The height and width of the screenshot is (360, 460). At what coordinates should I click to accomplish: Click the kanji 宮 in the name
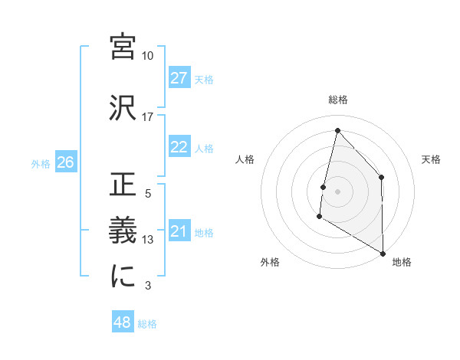coord(123,47)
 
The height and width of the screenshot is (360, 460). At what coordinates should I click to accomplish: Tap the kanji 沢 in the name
coord(123,109)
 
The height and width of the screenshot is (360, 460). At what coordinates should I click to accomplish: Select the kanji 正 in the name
coord(123,185)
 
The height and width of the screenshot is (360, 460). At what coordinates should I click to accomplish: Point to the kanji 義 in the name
coord(123,231)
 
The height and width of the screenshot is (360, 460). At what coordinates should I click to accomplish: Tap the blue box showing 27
coord(179,78)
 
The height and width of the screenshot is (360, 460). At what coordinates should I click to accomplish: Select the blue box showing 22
coord(179,147)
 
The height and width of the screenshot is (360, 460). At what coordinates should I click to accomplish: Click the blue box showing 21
coord(179,231)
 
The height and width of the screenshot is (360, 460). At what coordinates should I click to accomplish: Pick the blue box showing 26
coord(65,162)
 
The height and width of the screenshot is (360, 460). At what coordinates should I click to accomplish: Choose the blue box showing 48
coord(122,323)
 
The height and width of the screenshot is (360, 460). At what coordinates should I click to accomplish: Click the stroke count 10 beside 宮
coord(147,56)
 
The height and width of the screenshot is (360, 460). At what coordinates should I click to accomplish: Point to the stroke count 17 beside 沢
coord(147,117)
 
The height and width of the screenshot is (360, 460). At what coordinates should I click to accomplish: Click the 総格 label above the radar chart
coord(337,100)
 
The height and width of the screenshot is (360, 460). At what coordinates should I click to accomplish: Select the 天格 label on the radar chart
coord(431,159)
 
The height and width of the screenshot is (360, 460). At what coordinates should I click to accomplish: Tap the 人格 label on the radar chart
coord(245,159)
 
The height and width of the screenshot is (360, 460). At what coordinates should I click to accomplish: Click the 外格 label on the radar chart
coord(269,262)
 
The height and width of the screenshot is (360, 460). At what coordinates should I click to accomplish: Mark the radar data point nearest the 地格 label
coord(382,253)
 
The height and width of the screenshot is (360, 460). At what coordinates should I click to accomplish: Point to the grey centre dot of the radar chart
coord(337,191)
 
